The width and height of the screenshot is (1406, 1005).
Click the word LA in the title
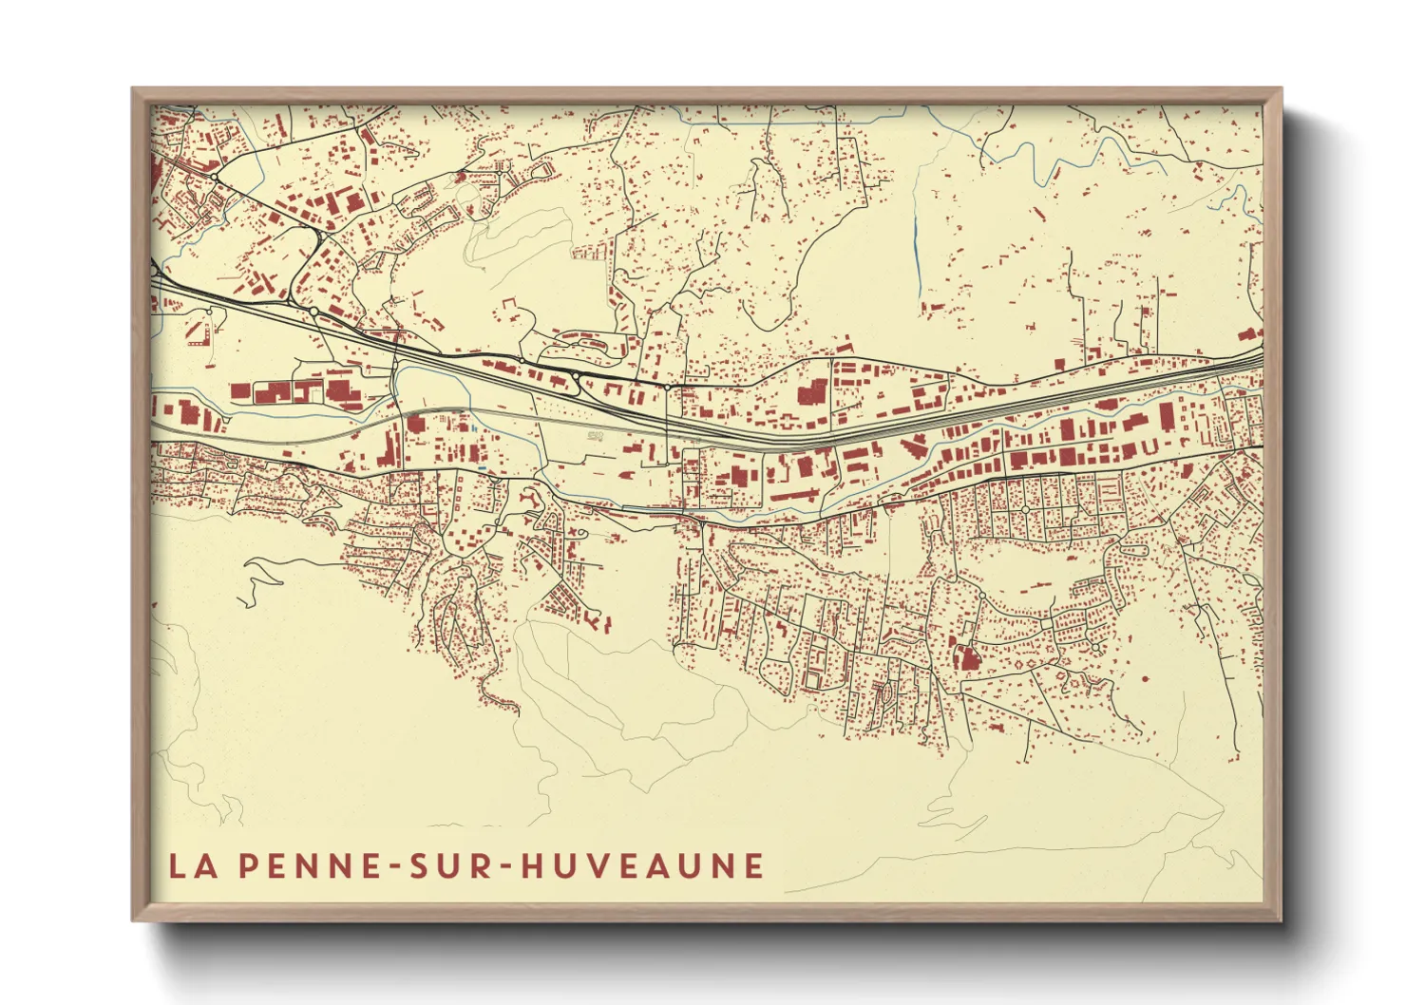point(190,865)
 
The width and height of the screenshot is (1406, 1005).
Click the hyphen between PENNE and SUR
point(393,866)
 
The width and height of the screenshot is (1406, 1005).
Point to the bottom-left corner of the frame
point(134,919)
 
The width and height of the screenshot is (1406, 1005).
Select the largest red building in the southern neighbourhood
point(967,658)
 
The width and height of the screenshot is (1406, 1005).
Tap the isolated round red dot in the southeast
point(1145,680)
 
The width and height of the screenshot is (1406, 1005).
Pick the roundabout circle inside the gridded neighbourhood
point(1026,510)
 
